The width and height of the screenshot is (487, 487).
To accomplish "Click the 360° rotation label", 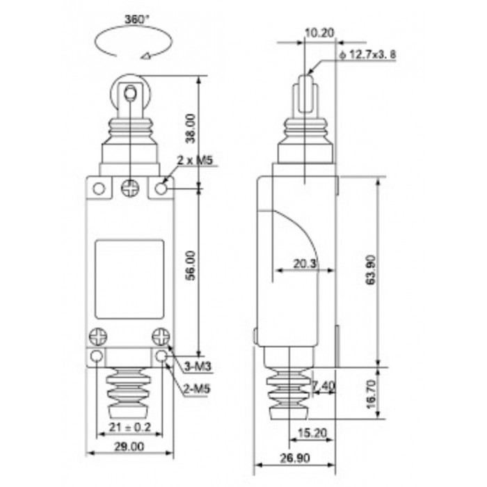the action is pos(137,19).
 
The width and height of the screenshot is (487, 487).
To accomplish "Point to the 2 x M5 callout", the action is pos(195,160).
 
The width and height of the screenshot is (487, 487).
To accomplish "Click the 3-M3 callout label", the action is pos(198,367).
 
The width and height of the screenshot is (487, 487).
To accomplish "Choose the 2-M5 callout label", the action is pos(197,388).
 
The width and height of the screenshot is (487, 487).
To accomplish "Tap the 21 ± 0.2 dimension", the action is pos(130,427).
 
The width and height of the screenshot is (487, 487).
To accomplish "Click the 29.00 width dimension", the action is pos(129,447).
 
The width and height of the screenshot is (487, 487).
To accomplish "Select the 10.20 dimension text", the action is pos(319,32).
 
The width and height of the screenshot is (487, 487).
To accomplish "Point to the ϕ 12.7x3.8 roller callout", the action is pos(368,55).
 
